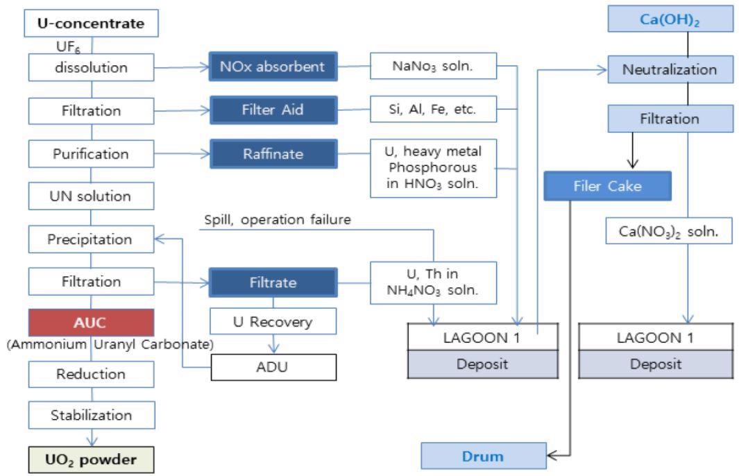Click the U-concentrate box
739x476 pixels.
point(91,23)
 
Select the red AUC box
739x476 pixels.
point(91,323)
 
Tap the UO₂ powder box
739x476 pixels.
point(91,459)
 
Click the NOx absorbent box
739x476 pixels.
point(273,67)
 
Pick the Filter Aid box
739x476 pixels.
point(273,110)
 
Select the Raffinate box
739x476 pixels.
point(273,153)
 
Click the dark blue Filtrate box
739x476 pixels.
point(273,282)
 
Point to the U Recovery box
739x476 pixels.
point(273,321)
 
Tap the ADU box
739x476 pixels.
point(273,367)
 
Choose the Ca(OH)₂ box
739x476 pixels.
point(670,19)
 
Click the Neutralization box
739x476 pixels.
point(670,69)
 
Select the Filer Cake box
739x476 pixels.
point(608,186)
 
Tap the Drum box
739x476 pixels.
point(484,456)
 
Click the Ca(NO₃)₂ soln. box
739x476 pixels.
point(669,231)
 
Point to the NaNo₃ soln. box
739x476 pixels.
point(433,66)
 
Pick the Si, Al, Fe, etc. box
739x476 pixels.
point(433,110)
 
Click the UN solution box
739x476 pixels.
point(91,196)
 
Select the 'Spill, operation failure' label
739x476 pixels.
point(277,220)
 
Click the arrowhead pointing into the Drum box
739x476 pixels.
point(552,455)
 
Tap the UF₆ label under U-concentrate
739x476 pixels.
point(68,46)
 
